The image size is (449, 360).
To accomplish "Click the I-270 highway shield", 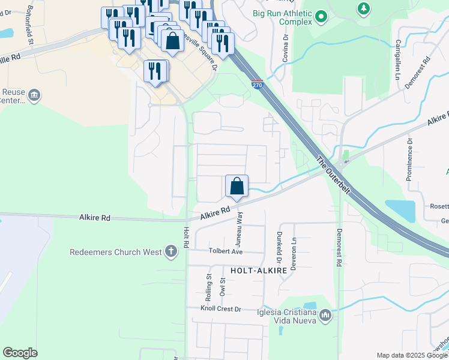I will pyautogui.click(x=257, y=85).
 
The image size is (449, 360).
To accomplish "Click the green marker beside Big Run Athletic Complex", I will pyautogui.click(x=321, y=17).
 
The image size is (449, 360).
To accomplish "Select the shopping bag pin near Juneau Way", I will pyautogui.click(x=237, y=185).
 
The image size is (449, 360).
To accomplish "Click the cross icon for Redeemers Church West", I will pyautogui.click(x=171, y=251).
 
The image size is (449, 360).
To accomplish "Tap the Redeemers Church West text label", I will pyautogui.click(x=116, y=252).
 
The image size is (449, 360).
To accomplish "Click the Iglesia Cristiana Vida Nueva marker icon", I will pyautogui.click(x=325, y=315).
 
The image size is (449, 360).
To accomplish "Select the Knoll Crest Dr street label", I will pyautogui.click(x=221, y=309).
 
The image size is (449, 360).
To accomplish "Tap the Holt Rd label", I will pyautogui.click(x=186, y=237).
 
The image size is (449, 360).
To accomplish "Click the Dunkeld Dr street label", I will pyautogui.click(x=279, y=247).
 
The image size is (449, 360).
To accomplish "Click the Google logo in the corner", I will pyautogui.click(x=20, y=352).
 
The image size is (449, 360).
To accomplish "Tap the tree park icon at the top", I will pyautogui.click(x=363, y=8).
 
